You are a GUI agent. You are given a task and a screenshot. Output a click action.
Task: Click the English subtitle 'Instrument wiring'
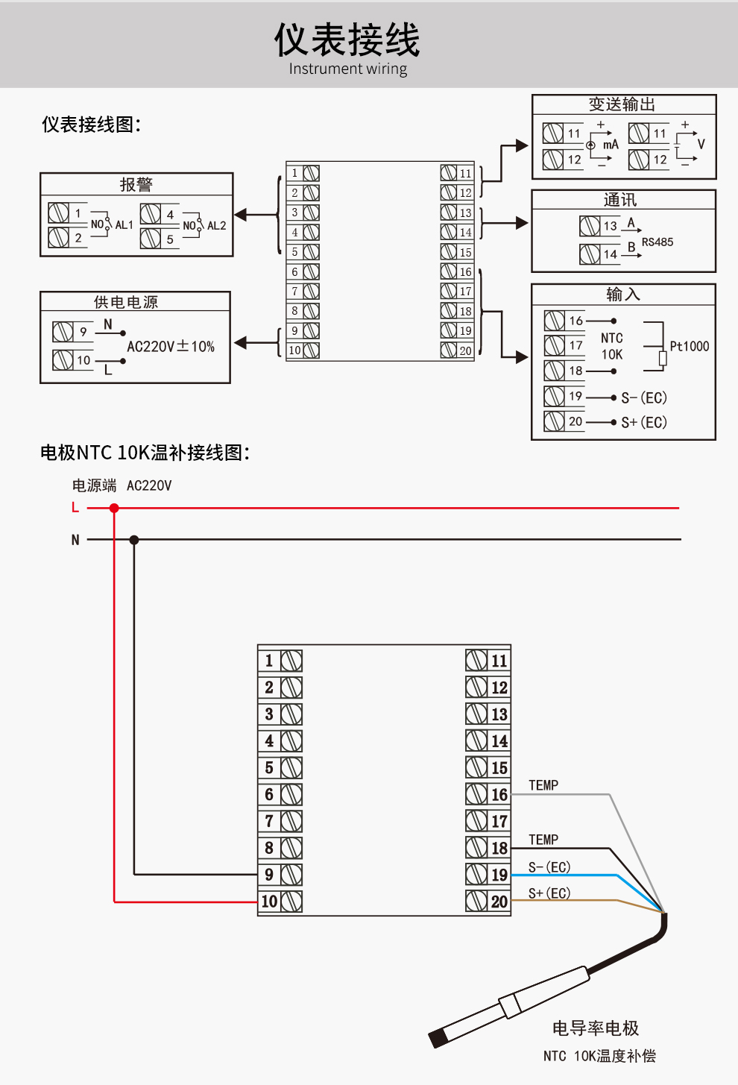[x=347, y=69]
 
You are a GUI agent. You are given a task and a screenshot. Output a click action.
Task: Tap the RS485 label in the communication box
[x=657, y=242]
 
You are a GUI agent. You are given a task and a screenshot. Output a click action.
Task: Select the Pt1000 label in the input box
[x=689, y=346]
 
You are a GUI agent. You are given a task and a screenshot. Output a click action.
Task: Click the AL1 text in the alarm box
[x=124, y=224]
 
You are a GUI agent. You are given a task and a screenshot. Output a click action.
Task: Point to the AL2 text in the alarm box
[x=216, y=226]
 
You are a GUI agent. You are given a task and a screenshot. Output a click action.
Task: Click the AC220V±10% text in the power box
[x=171, y=346]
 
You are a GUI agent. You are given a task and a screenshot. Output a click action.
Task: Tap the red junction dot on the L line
[x=114, y=508]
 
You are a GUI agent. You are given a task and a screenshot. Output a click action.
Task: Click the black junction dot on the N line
[x=134, y=540]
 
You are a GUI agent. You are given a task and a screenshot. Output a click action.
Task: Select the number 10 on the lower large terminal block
[x=269, y=902]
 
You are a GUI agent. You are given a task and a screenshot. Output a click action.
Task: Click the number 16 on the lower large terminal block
[x=499, y=795]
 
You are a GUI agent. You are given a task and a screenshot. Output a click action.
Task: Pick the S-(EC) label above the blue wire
[x=549, y=867]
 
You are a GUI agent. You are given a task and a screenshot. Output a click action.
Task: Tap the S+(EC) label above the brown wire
[x=549, y=893]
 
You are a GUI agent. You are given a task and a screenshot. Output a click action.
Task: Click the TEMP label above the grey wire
[x=543, y=785]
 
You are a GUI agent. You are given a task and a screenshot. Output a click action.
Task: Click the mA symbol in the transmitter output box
[x=611, y=145]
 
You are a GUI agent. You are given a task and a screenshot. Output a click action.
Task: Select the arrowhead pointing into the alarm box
[x=241, y=215]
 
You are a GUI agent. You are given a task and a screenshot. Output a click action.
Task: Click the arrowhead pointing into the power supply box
[x=241, y=343]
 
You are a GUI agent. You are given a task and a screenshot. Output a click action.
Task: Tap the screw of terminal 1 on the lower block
[x=291, y=661]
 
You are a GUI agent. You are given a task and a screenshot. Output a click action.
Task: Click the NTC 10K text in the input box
[x=612, y=346]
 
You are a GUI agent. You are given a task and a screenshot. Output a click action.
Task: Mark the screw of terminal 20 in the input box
[x=554, y=421]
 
